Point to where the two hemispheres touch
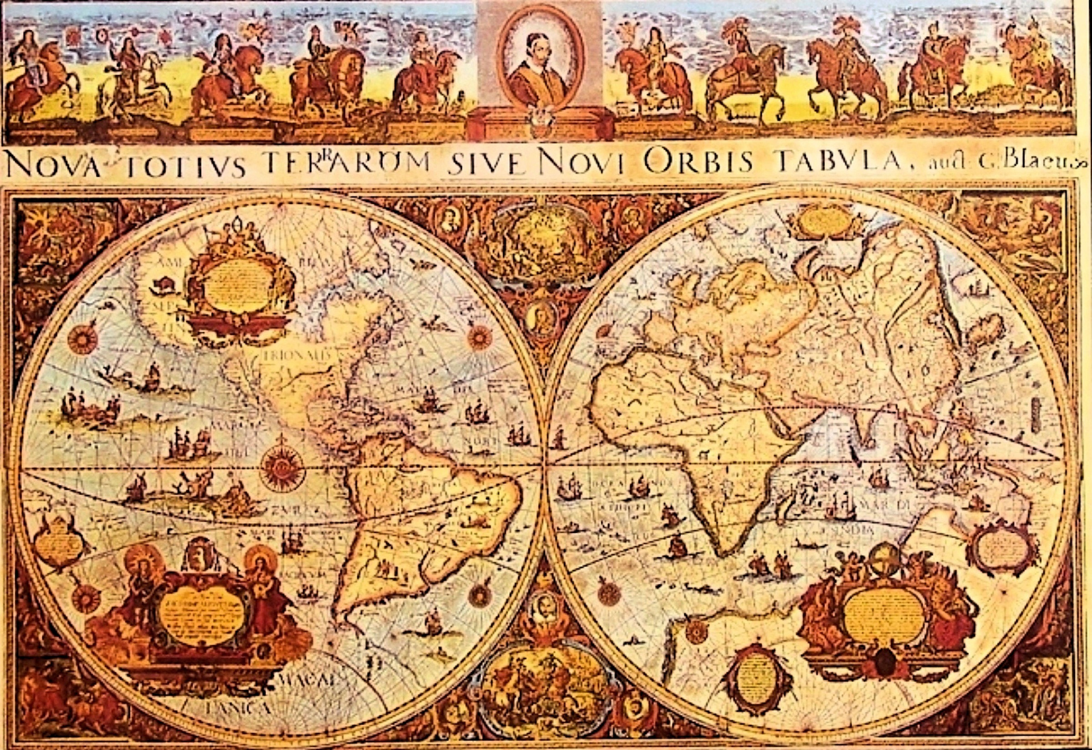[x=545, y=465]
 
